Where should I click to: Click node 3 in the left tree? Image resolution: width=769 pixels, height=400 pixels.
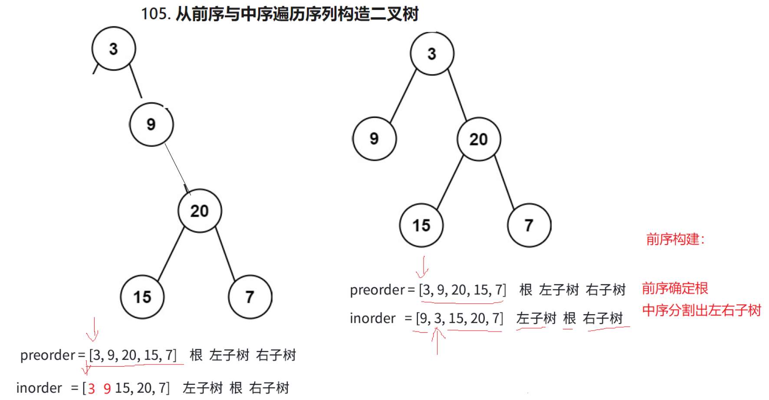(x=114, y=49)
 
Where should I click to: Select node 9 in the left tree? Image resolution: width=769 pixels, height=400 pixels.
(x=151, y=124)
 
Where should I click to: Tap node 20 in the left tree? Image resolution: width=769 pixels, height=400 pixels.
(x=200, y=211)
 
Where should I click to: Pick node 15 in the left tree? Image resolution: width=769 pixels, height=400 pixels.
(x=142, y=297)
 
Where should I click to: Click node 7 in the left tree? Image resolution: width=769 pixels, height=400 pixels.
(x=250, y=297)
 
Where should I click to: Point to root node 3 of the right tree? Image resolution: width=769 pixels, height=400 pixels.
(x=432, y=53)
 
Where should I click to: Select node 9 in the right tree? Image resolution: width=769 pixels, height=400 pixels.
(x=374, y=139)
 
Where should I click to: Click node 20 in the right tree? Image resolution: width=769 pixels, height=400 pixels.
(x=479, y=139)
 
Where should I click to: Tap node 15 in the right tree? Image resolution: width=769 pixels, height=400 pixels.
(x=421, y=225)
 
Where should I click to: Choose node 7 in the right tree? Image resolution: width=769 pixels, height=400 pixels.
(x=529, y=225)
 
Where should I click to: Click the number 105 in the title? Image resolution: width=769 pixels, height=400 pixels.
(x=154, y=14)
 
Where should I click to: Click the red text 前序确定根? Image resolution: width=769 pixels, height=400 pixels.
(x=675, y=288)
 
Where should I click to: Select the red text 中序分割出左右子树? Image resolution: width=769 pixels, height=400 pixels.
(x=701, y=310)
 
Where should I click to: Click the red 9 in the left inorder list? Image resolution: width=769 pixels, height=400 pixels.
(x=107, y=388)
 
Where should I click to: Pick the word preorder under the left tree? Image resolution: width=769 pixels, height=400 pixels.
(x=48, y=355)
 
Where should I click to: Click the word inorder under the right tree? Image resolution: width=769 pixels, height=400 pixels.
(x=372, y=319)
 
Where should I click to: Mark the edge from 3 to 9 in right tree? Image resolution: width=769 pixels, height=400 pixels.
(x=403, y=96)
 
